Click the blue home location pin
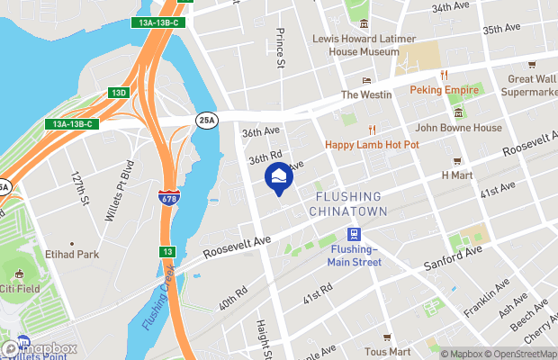pos(277,175)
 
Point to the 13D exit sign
pos(118,92)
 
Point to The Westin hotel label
pos(363,94)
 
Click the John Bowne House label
pos(458,128)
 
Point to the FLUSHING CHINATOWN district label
pos(347,203)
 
